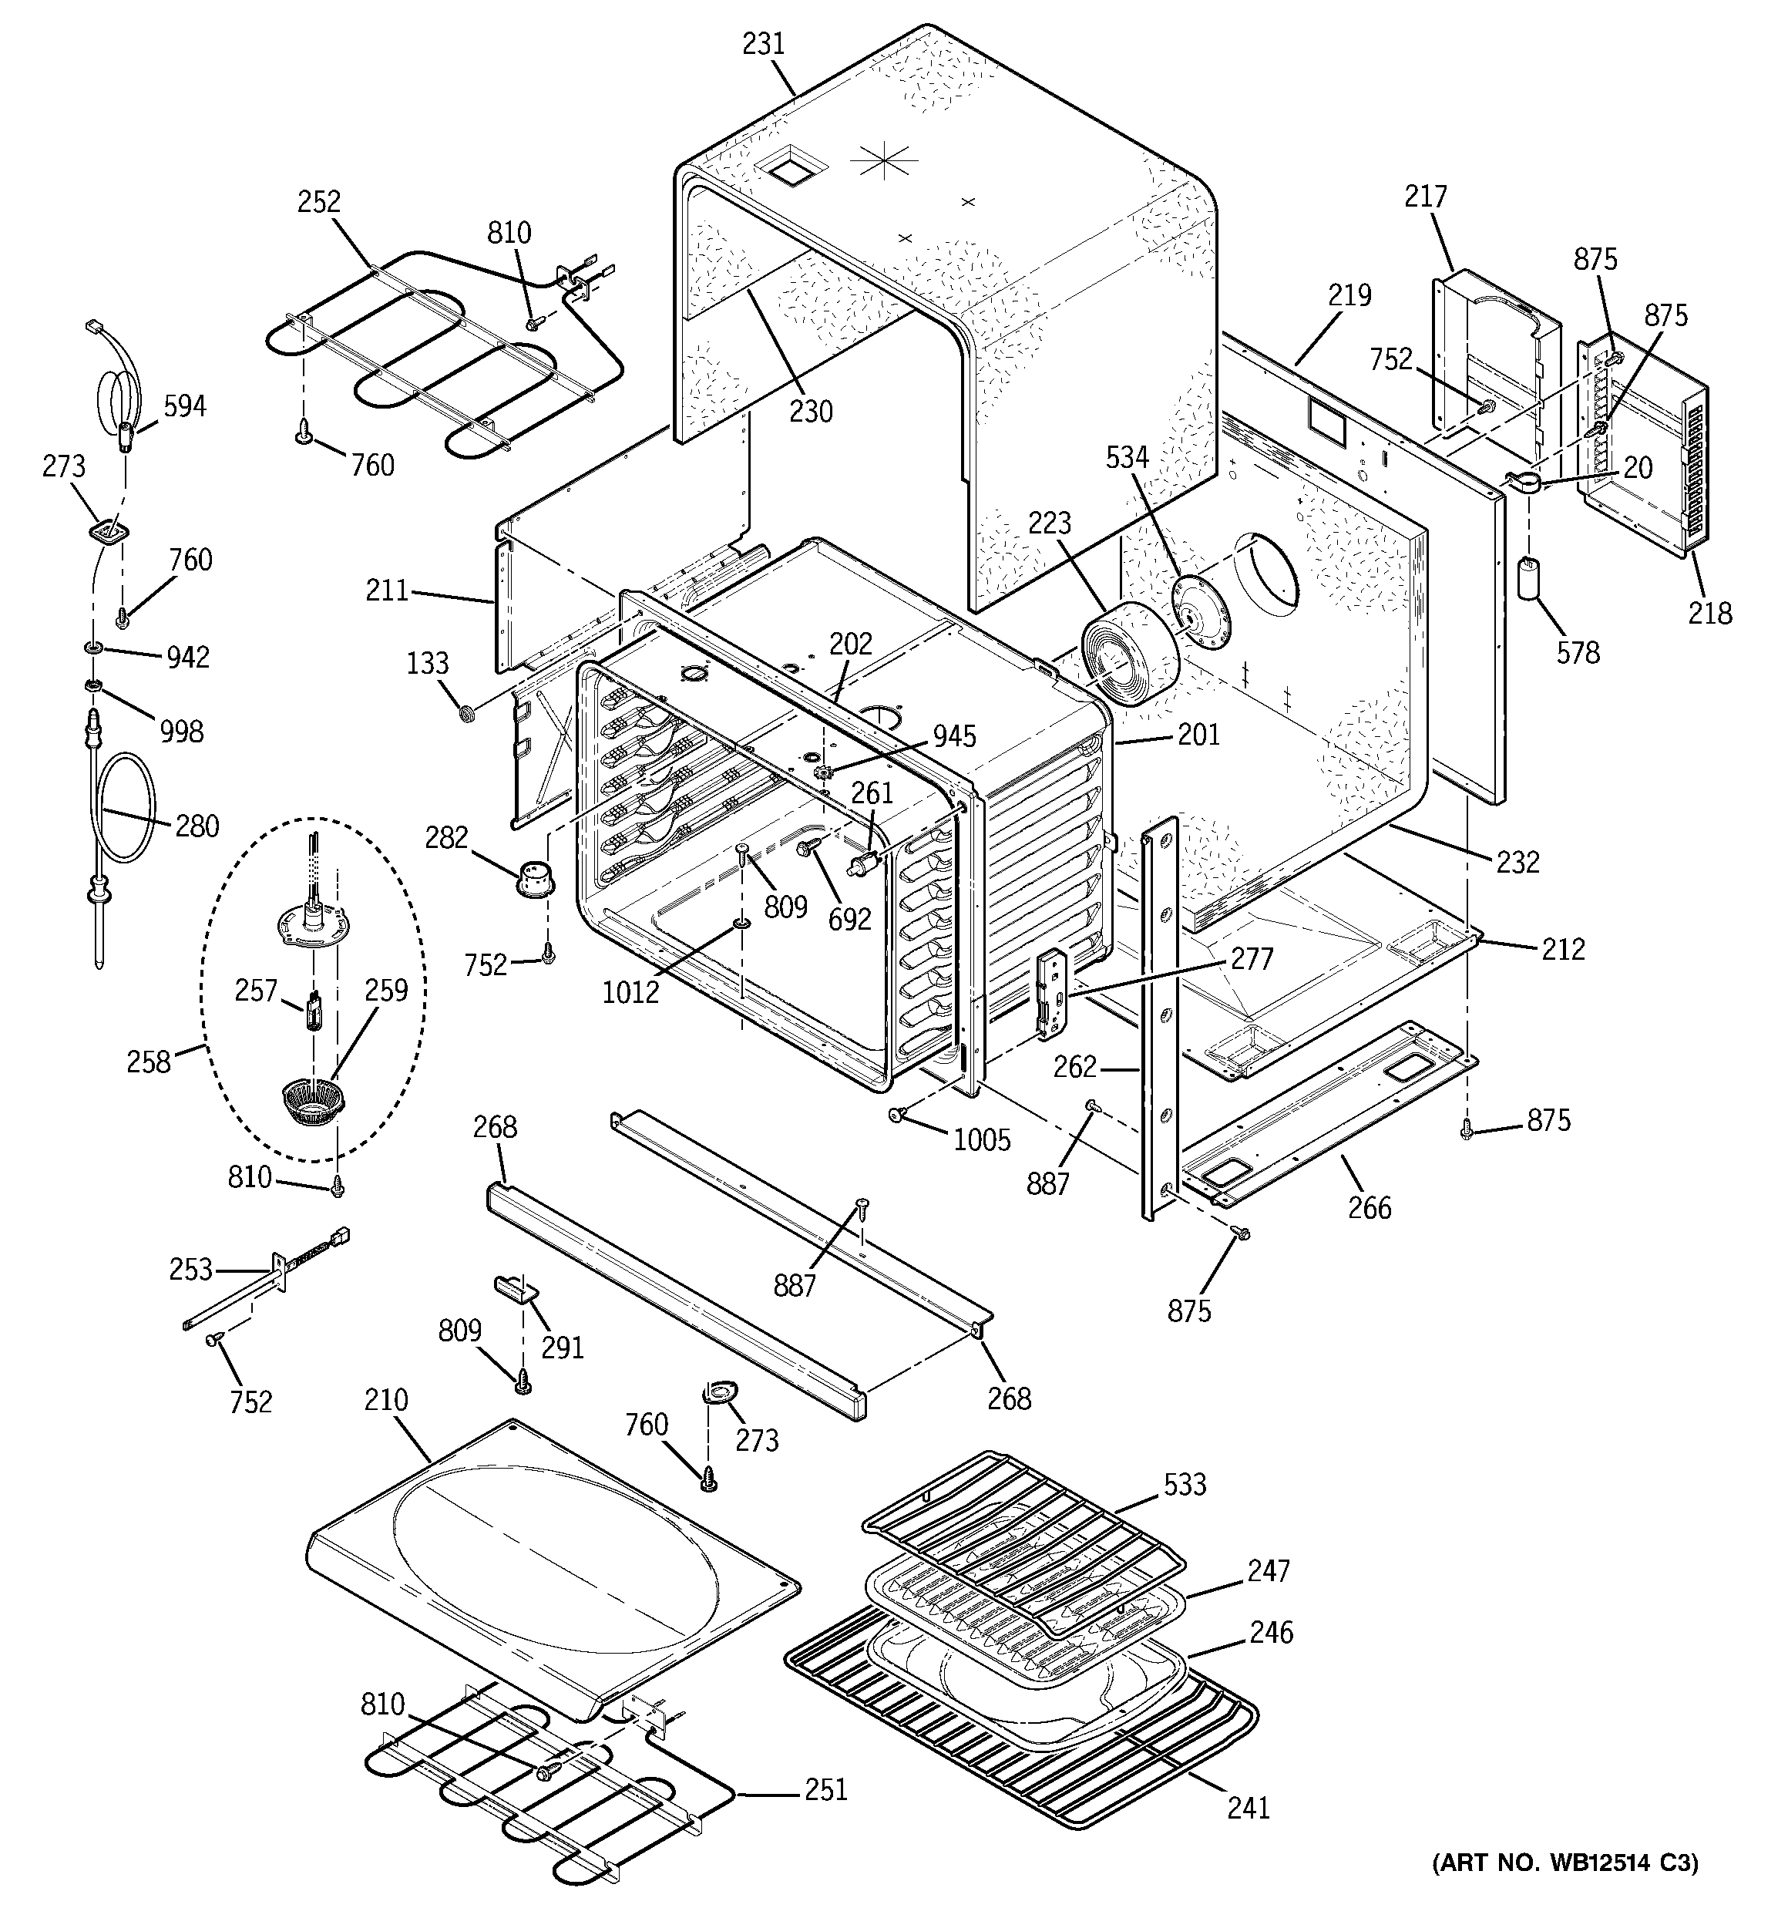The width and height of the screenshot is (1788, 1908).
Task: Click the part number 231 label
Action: [763, 44]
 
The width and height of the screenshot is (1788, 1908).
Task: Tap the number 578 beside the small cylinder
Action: [1578, 653]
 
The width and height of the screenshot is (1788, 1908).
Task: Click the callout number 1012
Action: [630, 991]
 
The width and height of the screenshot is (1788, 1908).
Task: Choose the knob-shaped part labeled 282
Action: [533, 878]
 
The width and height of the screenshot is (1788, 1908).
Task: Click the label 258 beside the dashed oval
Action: [148, 1062]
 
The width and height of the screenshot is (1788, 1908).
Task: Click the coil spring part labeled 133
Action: [466, 713]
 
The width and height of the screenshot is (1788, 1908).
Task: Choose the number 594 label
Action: [183, 406]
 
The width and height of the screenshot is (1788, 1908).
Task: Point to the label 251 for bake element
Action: [825, 1790]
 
